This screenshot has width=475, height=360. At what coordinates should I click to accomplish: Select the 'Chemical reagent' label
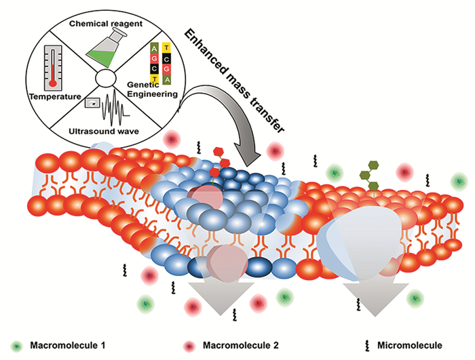pos(107,22)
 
